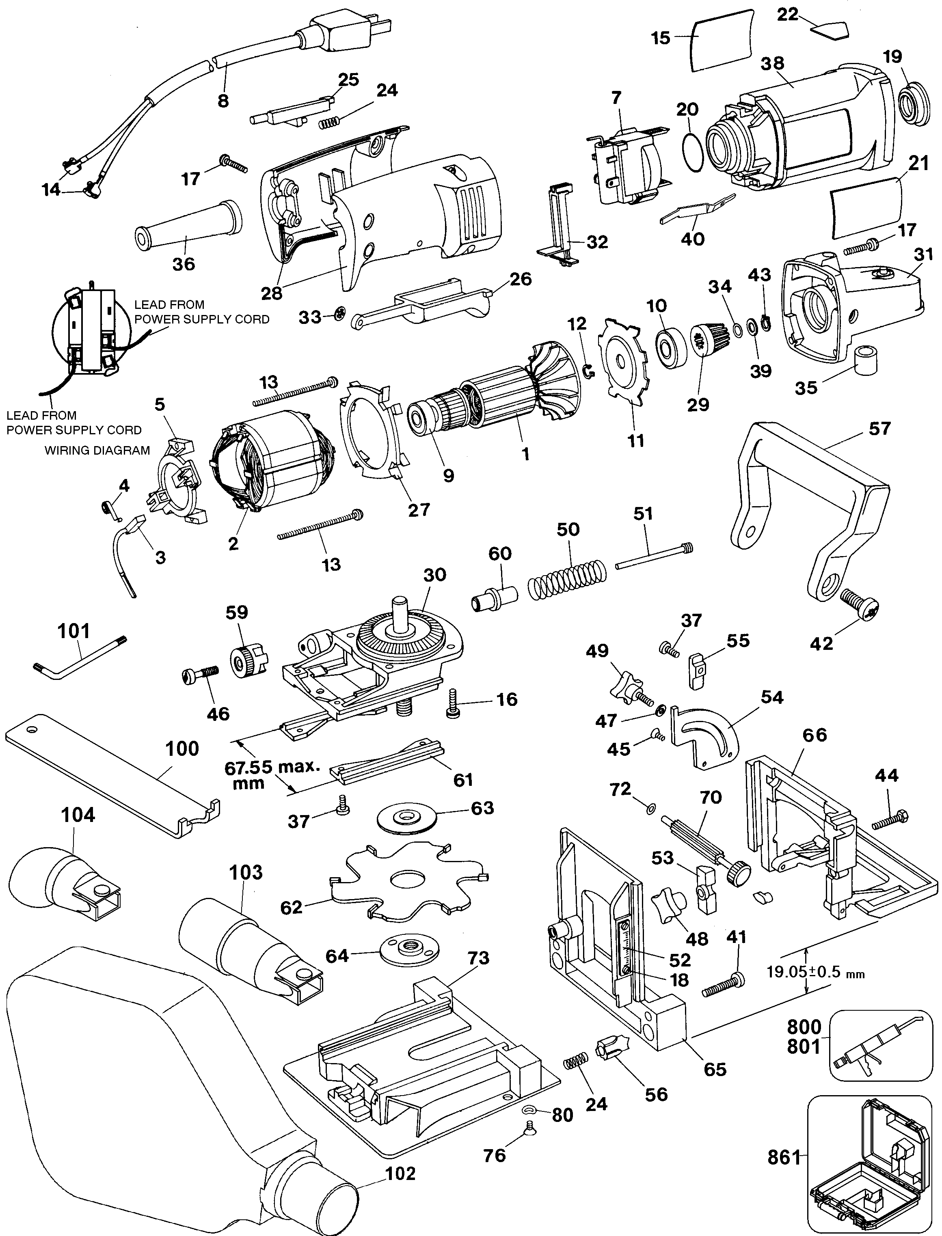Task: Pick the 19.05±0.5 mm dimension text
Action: (x=816, y=973)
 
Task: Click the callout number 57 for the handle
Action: (x=879, y=428)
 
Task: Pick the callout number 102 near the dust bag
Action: (x=400, y=1173)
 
